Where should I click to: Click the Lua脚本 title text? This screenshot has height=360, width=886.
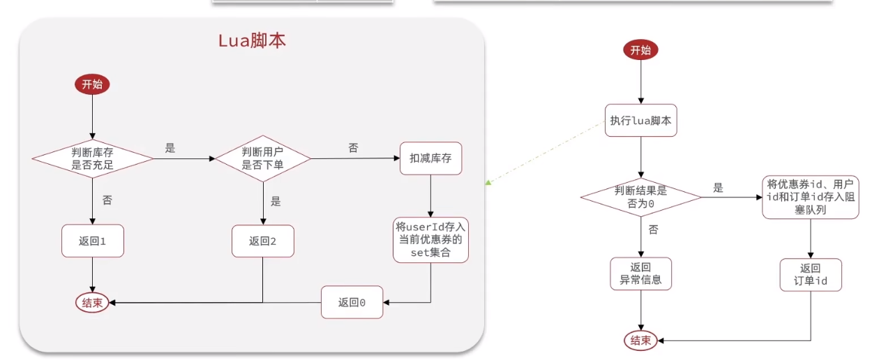(252, 40)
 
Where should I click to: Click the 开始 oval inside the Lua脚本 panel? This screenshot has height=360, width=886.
(92, 84)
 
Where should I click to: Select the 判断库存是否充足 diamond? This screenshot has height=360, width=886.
(92, 159)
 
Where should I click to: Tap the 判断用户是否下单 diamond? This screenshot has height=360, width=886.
(262, 159)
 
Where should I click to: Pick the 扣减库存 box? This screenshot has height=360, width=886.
(430, 158)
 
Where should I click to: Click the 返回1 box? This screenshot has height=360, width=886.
(92, 241)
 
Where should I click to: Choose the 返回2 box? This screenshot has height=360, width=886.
(263, 241)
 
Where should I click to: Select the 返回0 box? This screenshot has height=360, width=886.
(352, 302)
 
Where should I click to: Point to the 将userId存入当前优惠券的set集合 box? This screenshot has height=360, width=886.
(430, 239)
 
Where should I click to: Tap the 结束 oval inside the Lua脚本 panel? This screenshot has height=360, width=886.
(92, 303)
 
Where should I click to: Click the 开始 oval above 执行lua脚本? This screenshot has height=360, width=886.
(640, 50)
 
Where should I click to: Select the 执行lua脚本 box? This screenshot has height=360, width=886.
(640, 121)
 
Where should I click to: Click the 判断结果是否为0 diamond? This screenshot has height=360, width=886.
(640, 197)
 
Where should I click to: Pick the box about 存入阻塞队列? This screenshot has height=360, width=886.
(810, 196)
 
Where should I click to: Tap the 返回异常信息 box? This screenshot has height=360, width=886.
(640, 274)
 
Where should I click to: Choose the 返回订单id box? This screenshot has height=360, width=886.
(810, 274)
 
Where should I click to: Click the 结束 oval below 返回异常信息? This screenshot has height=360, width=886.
(640, 340)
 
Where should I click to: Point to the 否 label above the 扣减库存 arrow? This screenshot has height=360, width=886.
(353, 148)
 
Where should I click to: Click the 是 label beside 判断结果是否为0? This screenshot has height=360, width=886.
(718, 188)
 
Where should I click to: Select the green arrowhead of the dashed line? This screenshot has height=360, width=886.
(489, 183)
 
